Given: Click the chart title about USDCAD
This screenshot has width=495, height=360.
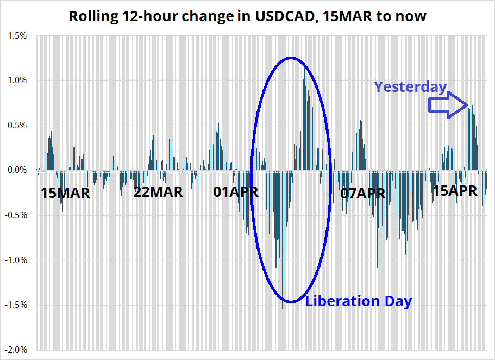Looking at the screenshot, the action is click(248, 16).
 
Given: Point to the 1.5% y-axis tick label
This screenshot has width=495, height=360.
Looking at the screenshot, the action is click(17, 36).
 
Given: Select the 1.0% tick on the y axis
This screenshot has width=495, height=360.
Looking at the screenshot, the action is click(17, 80).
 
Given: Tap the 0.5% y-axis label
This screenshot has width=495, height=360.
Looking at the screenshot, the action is click(17, 126).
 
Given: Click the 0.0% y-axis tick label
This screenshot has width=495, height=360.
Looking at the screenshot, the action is click(17, 170).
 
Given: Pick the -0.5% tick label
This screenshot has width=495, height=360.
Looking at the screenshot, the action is click(16, 215).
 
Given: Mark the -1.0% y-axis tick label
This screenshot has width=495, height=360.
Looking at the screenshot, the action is click(16, 260).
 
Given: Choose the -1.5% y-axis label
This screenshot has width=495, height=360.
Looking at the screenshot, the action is click(16, 305).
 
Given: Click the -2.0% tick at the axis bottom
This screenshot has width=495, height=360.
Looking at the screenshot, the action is click(16, 350).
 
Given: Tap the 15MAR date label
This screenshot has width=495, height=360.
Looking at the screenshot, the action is click(65, 193).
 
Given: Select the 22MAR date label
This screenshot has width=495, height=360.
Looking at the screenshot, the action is click(158, 192).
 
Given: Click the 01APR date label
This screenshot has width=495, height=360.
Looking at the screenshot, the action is click(235, 192).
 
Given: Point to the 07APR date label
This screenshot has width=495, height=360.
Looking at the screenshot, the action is click(363, 194).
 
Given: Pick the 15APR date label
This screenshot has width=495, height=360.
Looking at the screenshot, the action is click(455, 191).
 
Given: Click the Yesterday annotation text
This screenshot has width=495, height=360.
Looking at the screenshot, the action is click(410, 87).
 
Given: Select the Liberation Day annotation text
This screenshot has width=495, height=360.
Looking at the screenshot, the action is click(359, 301).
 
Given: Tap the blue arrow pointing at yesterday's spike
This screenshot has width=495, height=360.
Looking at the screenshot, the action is click(448, 105).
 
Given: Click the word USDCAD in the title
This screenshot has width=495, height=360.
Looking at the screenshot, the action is click(284, 16).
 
